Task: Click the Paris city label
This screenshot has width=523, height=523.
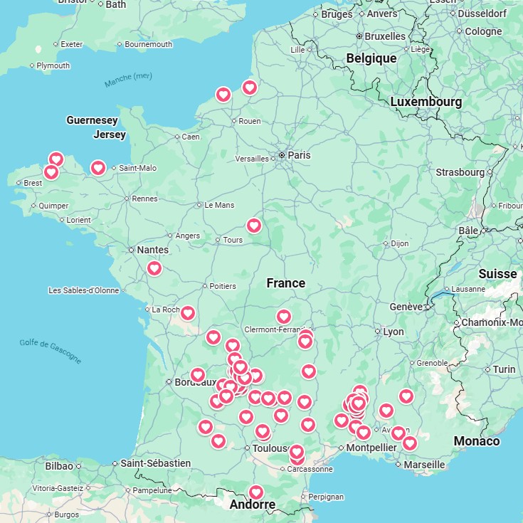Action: point(299,155)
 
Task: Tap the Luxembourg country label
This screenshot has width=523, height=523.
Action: point(426,102)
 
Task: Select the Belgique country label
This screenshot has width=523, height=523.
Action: point(371,58)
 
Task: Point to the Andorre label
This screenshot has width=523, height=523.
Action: point(252,505)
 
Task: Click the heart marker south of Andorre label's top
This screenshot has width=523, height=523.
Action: point(256,492)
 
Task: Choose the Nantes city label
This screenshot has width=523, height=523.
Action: point(153,250)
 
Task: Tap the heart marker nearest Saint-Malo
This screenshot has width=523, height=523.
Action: point(98,168)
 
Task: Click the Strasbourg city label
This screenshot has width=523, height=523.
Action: point(460,172)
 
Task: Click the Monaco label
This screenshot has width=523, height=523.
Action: point(477,441)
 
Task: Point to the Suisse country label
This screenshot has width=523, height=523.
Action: point(497,274)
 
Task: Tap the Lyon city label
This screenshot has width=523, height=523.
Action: point(393,332)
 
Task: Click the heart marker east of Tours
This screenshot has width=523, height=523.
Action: point(254,226)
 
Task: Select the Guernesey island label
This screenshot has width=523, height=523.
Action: point(92,120)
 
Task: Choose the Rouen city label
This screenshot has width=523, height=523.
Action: point(249,121)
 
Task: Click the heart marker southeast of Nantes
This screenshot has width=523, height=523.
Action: point(154,268)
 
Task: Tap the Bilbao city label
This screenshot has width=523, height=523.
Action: point(58,466)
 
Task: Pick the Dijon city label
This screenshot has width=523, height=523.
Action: point(400,243)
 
